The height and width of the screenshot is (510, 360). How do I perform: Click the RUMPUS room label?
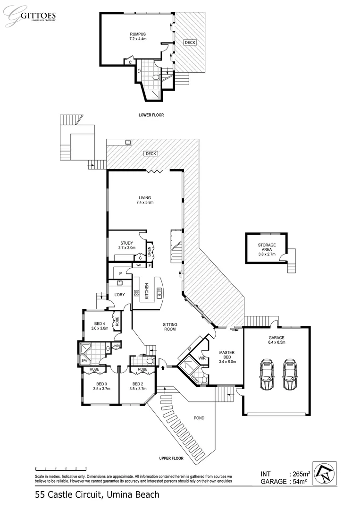point(138,34)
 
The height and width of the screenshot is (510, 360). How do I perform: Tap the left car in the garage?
point(267,374)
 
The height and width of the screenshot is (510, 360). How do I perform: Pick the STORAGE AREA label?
point(267,247)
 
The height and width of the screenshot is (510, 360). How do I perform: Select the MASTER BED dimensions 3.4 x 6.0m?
point(227,362)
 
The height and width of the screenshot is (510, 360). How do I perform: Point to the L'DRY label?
point(120,295)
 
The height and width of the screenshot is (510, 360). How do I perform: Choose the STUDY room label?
point(126,243)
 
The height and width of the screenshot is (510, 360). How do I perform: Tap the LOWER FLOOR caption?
point(151,115)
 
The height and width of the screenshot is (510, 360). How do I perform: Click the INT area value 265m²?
point(301,474)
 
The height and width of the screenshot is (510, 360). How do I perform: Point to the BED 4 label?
point(100,323)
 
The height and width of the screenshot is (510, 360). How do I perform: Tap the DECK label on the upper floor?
point(151,153)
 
